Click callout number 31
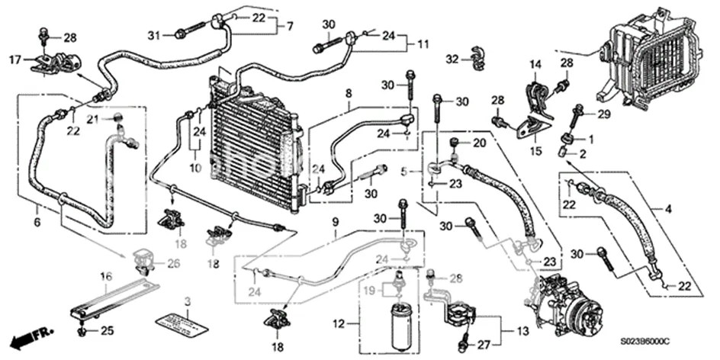(x=154, y=34)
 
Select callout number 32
(x=452, y=59)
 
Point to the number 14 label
(x=535, y=64)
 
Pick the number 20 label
(x=479, y=143)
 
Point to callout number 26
(x=173, y=265)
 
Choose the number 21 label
(x=92, y=119)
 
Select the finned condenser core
(x=252, y=149)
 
